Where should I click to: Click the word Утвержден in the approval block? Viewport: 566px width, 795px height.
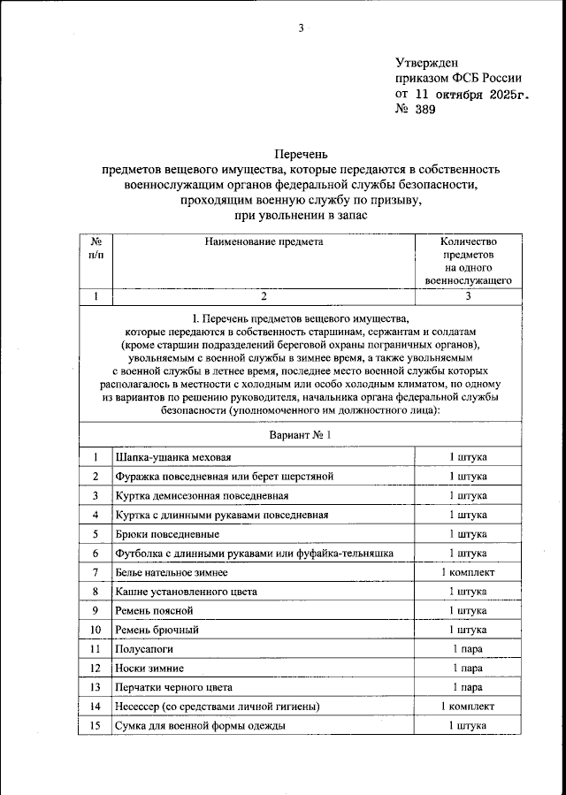(426, 62)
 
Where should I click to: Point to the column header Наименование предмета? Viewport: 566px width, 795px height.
(264, 241)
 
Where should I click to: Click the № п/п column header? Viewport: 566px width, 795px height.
(95, 248)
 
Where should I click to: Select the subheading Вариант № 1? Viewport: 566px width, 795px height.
(300, 435)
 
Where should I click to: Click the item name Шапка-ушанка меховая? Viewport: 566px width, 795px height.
(173, 457)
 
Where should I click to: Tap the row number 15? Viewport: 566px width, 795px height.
(95, 725)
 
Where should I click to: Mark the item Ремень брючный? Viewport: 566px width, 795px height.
(157, 630)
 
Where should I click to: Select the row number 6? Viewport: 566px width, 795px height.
(95, 553)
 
